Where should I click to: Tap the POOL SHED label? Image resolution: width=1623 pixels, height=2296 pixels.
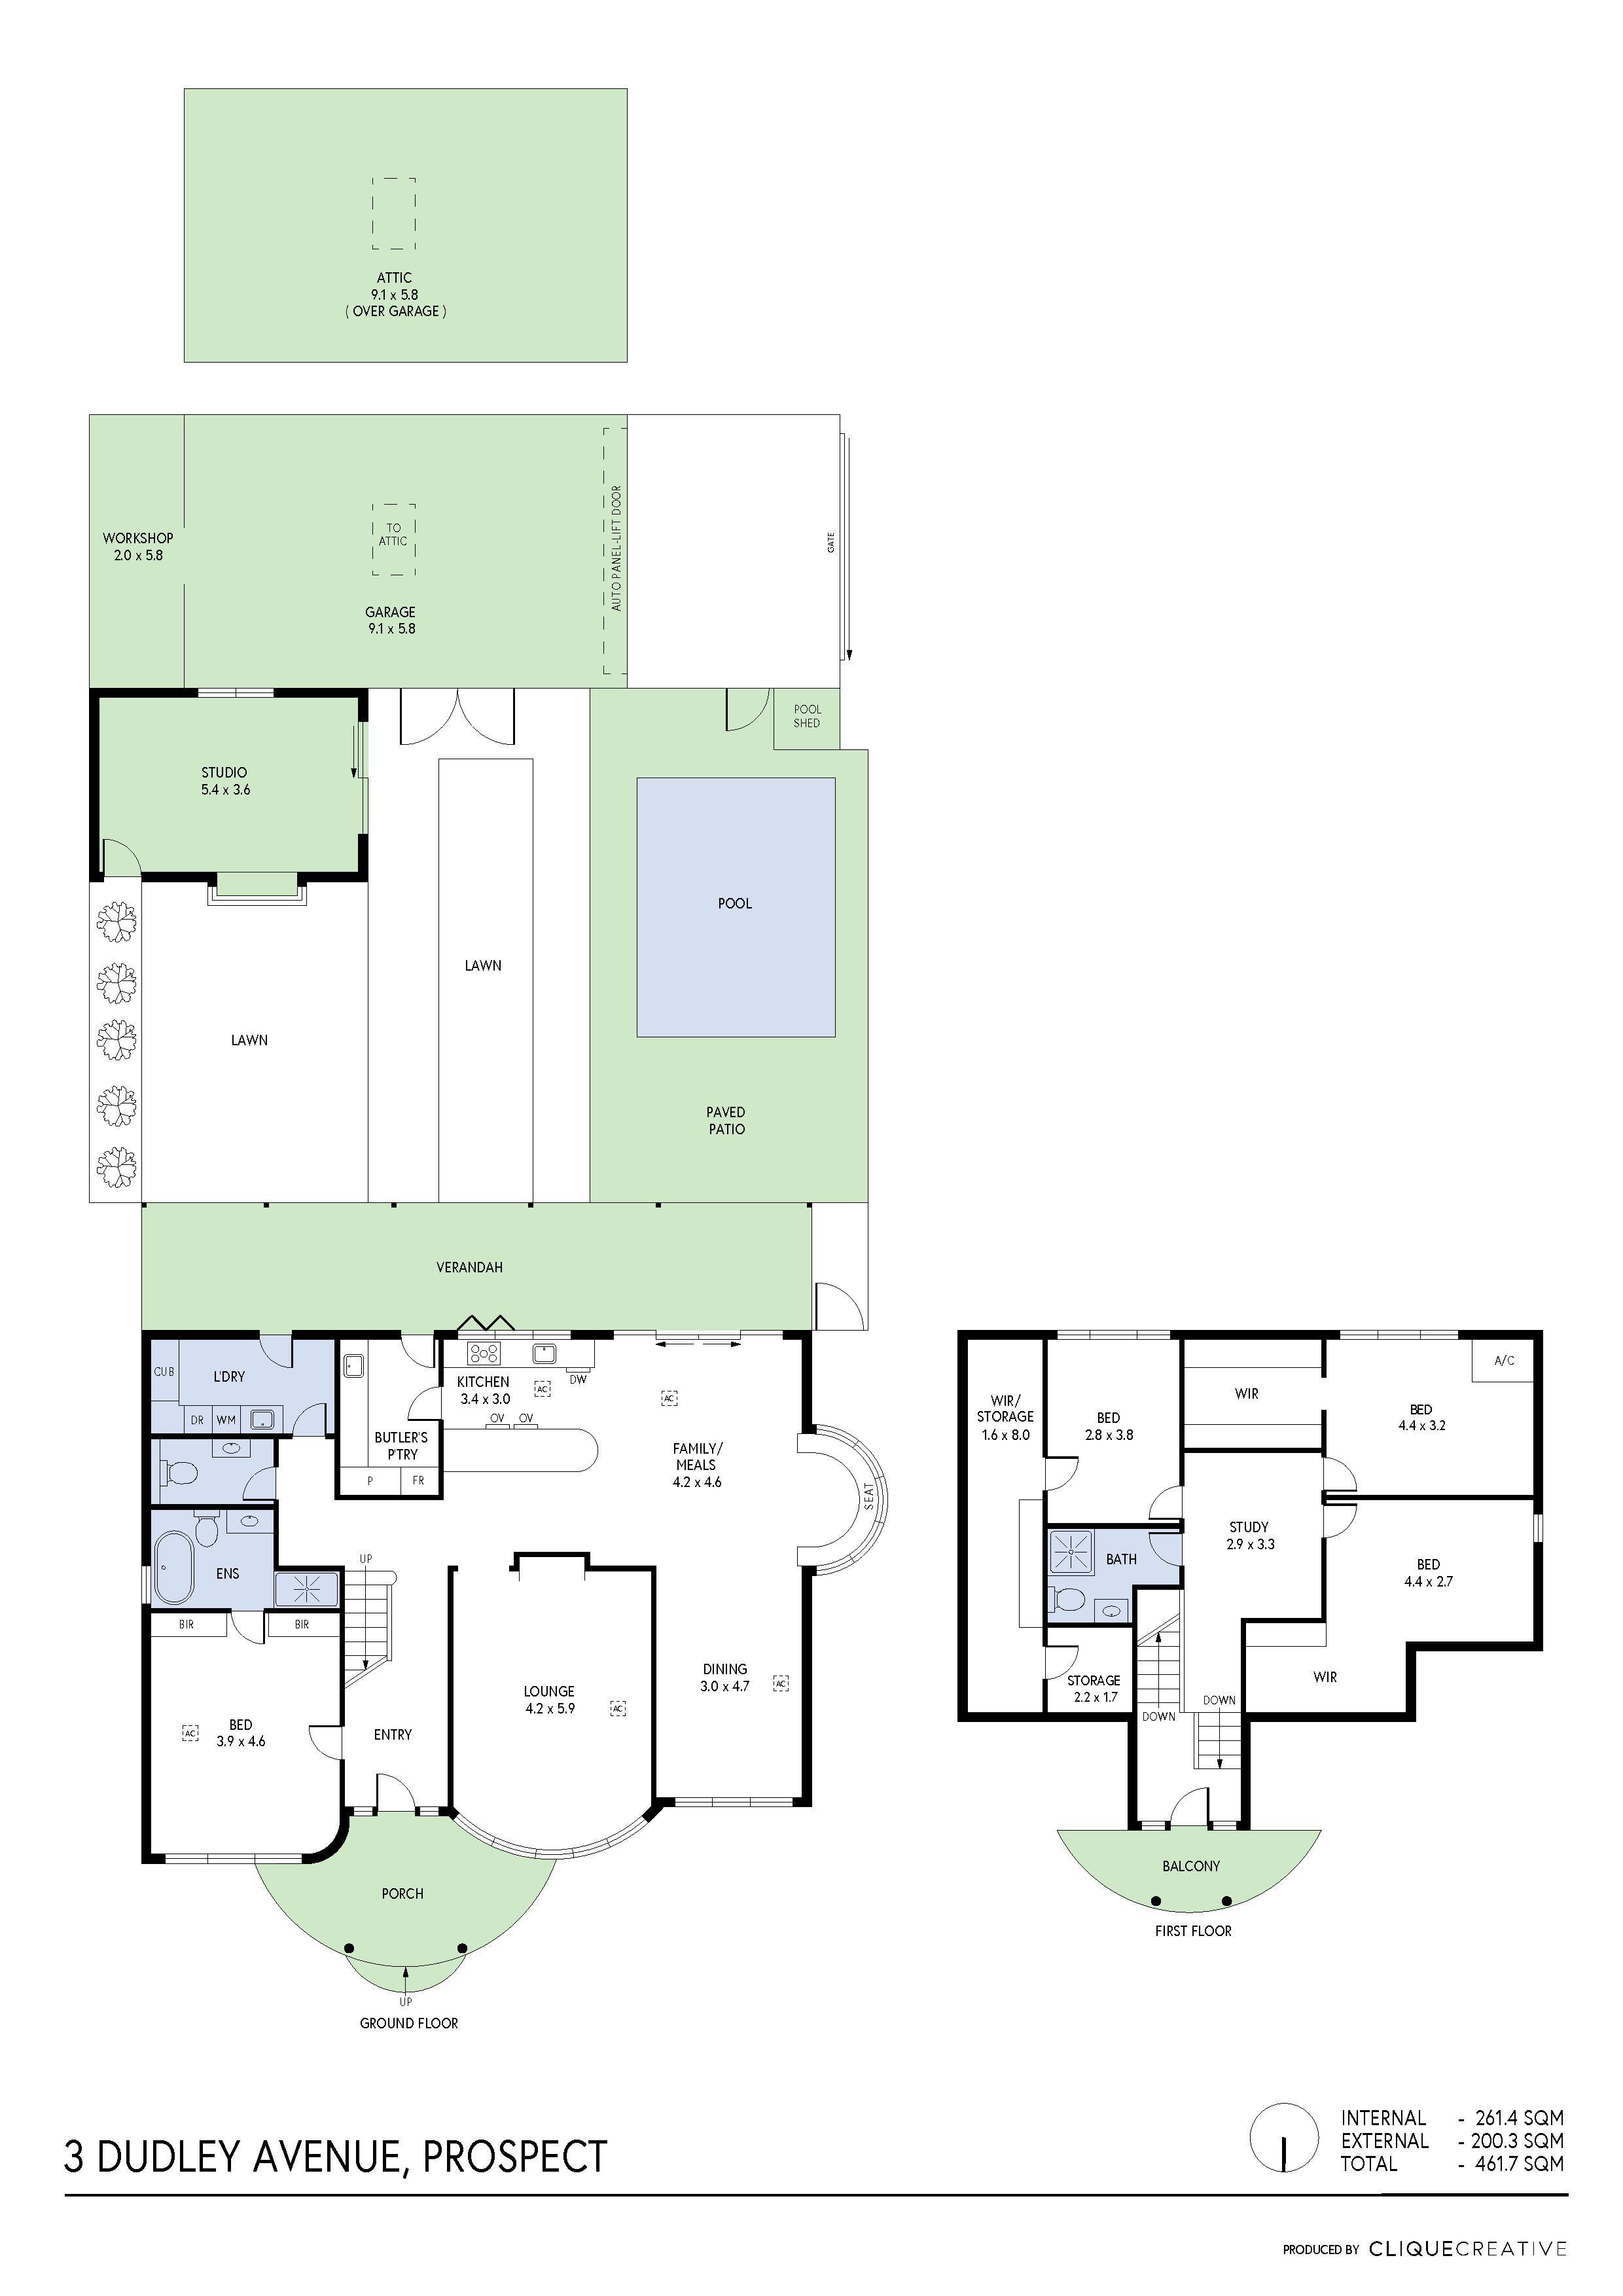(x=806, y=716)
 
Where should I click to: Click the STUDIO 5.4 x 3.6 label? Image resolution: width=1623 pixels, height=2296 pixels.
(x=225, y=780)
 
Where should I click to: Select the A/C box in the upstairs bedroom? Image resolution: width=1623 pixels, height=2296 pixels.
(x=1503, y=1360)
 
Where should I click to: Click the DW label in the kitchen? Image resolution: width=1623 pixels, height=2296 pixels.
(x=577, y=1379)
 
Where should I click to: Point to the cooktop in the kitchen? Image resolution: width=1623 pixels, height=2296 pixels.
(x=485, y=1353)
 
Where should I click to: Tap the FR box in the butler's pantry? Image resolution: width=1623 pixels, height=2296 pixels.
(x=419, y=1481)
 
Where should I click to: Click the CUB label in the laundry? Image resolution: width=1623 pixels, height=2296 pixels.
(x=164, y=1371)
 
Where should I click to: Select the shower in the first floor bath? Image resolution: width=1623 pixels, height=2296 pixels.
(x=1071, y=1551)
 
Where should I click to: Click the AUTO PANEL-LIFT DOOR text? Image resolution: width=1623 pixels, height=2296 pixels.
(x=616, y=548)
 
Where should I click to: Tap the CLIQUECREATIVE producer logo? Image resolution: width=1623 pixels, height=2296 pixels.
(x=1467, y=2249)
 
